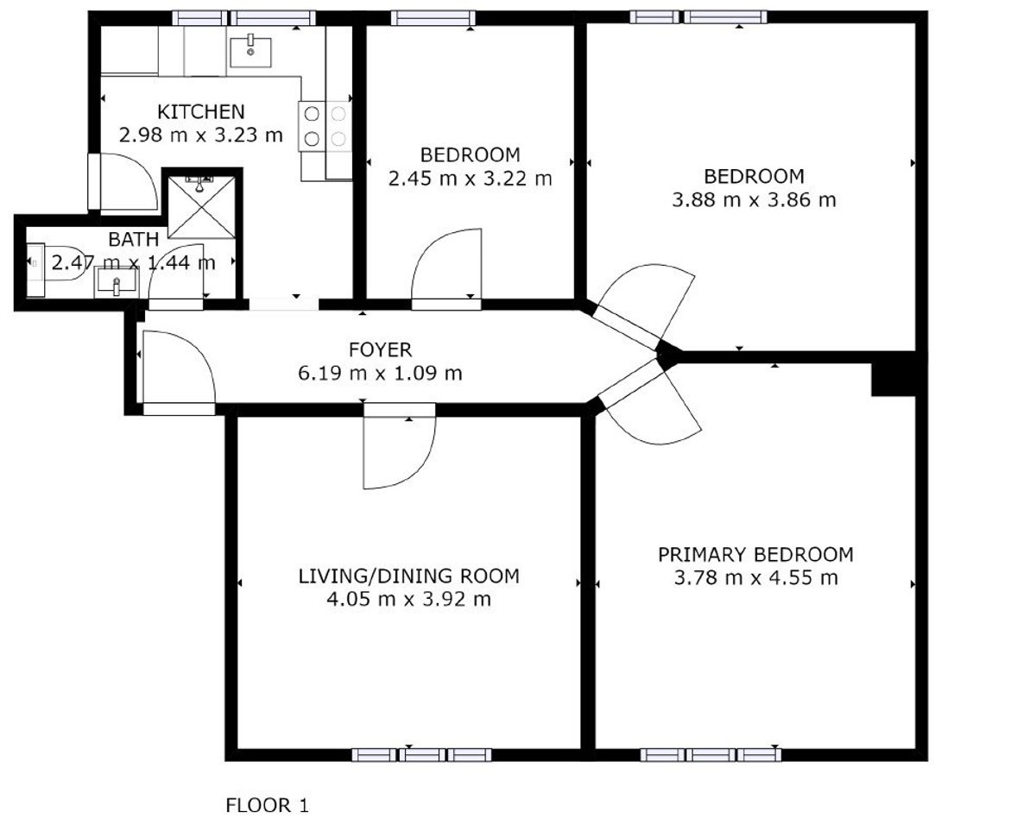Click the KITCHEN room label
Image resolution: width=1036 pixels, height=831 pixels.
[x=201, y=111]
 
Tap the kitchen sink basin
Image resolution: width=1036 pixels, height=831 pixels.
[x=250, y=52]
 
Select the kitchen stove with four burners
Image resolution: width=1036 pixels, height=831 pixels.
[x=325, y=126]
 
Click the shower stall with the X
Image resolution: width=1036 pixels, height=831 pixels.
[x=202, y=207]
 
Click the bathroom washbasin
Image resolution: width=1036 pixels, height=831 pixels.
[x=117, y=281]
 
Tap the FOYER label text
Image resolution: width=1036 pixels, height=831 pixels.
[x=381, y=349]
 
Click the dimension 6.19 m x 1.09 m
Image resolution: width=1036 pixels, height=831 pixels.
[x=381, y=374]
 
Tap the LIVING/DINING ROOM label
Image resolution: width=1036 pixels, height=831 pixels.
[x=408, y=576]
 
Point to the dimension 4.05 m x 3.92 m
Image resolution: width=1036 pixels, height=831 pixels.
[x=408, y=600]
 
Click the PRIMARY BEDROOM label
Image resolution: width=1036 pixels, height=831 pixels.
[x=755, y=555]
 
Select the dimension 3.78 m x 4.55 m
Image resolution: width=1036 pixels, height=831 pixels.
[x=755, y=578]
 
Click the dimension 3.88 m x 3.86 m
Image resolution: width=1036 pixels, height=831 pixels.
[x=754, y=199]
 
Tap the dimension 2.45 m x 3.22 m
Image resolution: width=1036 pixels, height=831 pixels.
[x=470, y=179]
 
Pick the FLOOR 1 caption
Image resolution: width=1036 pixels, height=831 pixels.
[x=267, y=805]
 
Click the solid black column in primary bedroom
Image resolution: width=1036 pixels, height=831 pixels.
[x=894, y=379]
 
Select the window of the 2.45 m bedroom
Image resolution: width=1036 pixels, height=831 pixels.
[x=433, y=18]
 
